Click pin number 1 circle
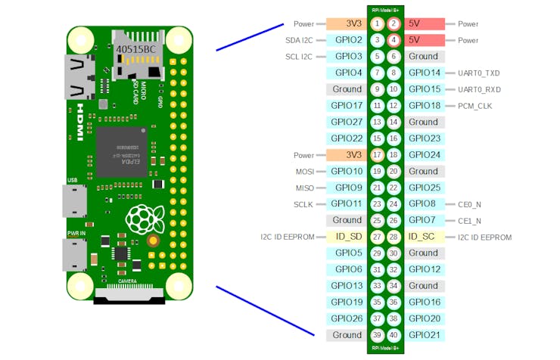pyautogui.click(x=378, y=24)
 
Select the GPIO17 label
pyautogui.click(x=347, y=106)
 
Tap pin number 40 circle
pyautogui.click(x=394, y=335)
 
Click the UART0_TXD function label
pyautogui.click(x=479, y=73)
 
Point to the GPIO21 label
pyautogui.click(x=425, y=335)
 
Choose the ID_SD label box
pyautogui.click(x=347, y=237)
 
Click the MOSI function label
pyautogui.click(x=304, y=172)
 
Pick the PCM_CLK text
pyautogui.click(x=475, y=106)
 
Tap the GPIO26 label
pyautogui.click(x=347, y=318)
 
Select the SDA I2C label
pyautogui.click(x=300, y=40)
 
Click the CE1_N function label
pyautogui.click(x=469, y=221)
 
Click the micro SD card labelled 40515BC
pyautogui.click(x=136, y=50)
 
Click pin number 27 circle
pyautogui.click(x=378, y=237)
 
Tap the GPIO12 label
pyautogui.click(x=425, y=269)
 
